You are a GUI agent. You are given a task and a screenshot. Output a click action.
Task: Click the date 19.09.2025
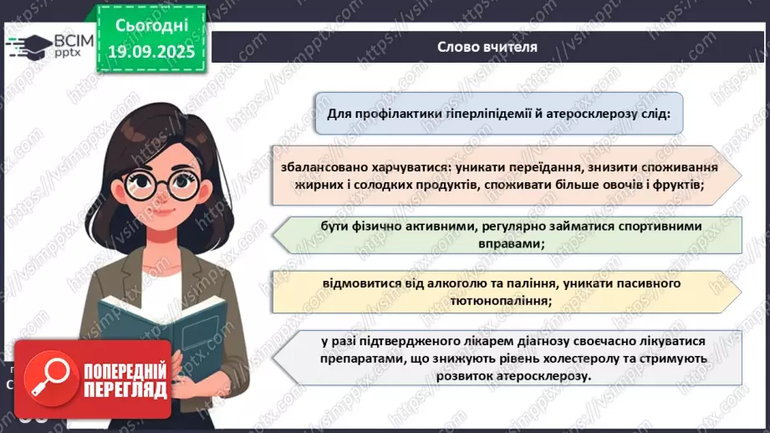(x=150, y=50)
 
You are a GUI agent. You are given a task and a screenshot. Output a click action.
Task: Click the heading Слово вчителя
(x=487, y=46)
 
